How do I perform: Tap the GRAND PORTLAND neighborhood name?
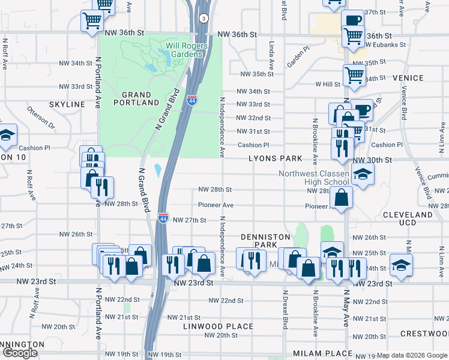tap(136, 99)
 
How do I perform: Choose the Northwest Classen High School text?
tap(314, 178)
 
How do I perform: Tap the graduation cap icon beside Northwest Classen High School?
tap(362, 175)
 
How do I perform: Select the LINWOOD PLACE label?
tap(210, 326)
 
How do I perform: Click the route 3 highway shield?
tap(204, 19)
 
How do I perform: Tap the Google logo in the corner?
tap(20, 353)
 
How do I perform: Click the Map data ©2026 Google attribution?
tap(412, 355)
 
